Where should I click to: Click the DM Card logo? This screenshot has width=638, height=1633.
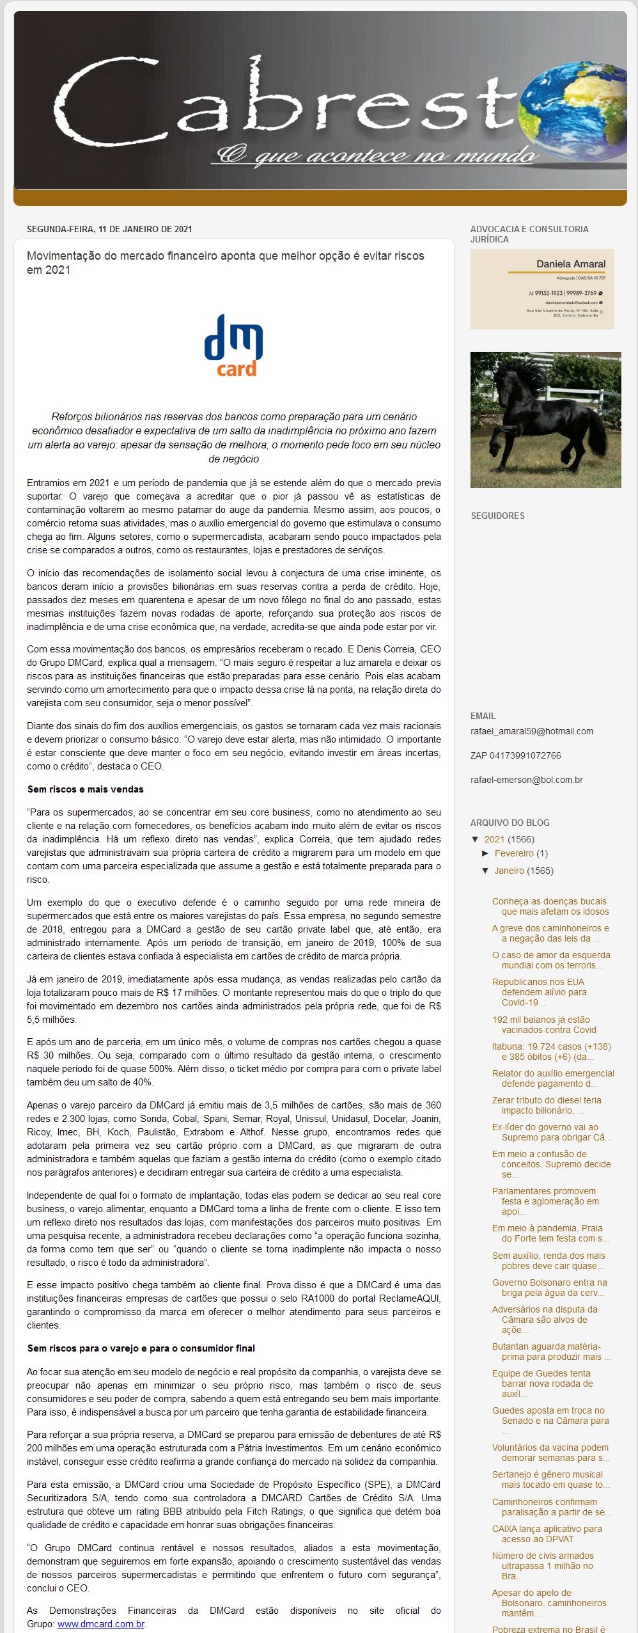[233, 345]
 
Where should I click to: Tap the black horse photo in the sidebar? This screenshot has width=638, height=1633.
[545, 420]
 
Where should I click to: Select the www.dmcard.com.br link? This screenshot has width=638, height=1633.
[101, 1623]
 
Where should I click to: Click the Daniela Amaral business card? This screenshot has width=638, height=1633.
[542, 289]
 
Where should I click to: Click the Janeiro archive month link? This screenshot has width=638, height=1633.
[509, 871]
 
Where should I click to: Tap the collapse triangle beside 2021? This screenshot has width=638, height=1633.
[475, 839]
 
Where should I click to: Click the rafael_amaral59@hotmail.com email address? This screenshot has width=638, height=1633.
[532, 731]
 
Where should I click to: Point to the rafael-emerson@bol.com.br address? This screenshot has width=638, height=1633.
[527, 780]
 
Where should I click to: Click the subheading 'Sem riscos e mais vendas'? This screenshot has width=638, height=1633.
[86, 789]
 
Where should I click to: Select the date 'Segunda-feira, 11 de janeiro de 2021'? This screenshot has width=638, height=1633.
[109, 229]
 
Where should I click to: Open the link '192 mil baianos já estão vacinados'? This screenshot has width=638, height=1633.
[544, 1025]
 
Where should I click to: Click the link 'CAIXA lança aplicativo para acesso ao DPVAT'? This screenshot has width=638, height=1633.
[547, 1534]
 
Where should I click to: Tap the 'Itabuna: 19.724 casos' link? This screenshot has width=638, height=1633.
[551, 1052]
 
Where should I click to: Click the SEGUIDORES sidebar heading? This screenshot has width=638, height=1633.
[497, 516]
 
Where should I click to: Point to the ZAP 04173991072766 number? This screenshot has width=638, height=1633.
[515, 755]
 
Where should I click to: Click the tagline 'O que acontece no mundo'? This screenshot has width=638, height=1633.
[377, 155]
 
